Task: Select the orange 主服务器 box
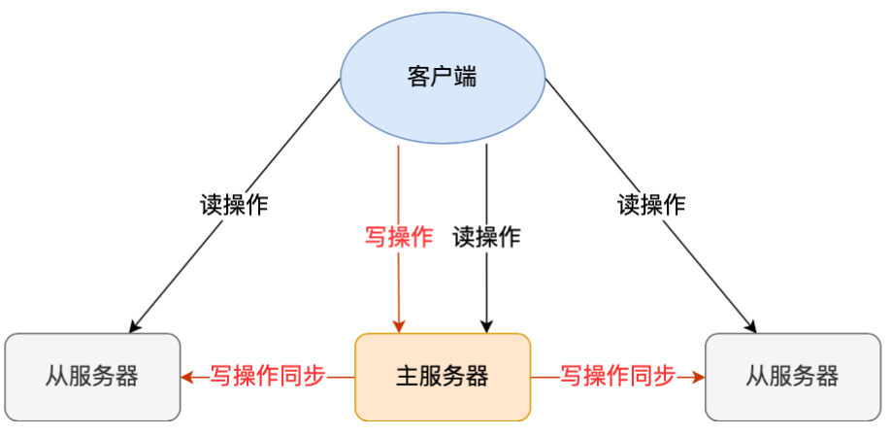(x=443, y=377)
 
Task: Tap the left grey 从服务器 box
(x=92, y=377)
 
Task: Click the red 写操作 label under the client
(x=399, y=237)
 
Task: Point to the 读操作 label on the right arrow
(x=651, y=205)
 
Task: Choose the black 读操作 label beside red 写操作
(x=486, y=237)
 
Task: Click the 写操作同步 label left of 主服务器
(x=268, y=376)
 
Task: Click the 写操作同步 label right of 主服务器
(x=617, y=376)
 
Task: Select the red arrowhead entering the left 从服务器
(x=187, y=377)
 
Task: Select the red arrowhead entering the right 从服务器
(x=698, y=377)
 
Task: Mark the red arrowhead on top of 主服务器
(x=399, y=326)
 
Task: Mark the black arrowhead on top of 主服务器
(x=486, y=326)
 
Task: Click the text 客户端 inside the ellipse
(x=443, y=78)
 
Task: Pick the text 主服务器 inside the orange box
(x=443, y=377)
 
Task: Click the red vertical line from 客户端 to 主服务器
(x=399, y=184)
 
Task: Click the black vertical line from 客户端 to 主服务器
(x=486, y=184)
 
